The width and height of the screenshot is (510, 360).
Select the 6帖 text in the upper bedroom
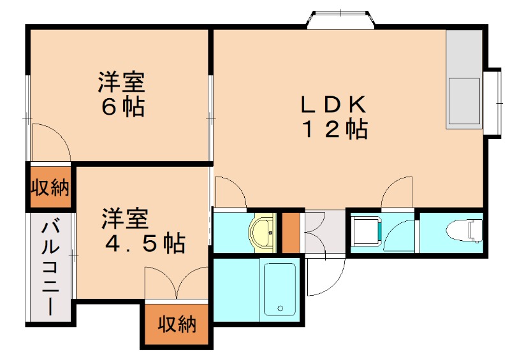[122, 106]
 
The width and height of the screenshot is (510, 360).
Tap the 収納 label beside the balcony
[50, 188]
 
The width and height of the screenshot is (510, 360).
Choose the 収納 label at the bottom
[177, 325]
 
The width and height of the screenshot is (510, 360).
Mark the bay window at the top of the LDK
[339, 20]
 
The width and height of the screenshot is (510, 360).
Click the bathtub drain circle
[280, 309]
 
